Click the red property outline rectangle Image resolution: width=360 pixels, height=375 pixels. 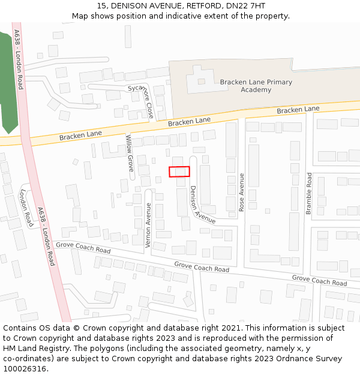tap(179, 172)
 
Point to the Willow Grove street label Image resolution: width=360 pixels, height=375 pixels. tap(130, 154)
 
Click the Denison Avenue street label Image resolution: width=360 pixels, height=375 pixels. tap(202, 205)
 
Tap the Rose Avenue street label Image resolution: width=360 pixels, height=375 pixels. tap(242, 192)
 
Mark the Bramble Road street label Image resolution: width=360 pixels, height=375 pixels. tap(309, 193)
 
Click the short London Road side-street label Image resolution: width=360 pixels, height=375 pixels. tap(26, 208)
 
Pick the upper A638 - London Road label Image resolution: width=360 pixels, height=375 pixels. tap(19, 59)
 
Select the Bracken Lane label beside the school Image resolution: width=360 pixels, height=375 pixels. tap(298, 110)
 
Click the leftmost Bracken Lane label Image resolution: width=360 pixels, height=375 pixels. tap(80, 135)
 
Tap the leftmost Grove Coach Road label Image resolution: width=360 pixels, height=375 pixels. tap(83, 247)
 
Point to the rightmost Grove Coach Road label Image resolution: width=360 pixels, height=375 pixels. tap(319, 280)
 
